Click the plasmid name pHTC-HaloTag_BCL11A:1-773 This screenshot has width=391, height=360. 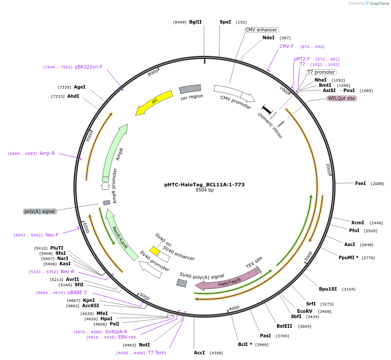coord(204,185)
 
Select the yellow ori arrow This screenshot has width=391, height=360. coord(154,103)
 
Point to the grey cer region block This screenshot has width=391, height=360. coord(190,89)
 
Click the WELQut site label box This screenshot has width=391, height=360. coord(342,99)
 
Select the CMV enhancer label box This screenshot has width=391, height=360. coord(261,30)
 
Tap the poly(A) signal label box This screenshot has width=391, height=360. coord(40,211)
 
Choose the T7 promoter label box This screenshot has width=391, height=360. coord(321,72)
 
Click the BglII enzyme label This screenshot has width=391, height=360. coord(195,22)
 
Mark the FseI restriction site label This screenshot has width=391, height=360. coord(360,184)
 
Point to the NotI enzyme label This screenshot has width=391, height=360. coord(144,345)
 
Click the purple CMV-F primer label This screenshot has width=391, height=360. coord(287,46)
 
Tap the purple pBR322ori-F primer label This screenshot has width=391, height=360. coord(89,67)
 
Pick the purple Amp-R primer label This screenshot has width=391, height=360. coord(47,153)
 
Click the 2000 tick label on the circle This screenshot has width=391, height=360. coord(329,169)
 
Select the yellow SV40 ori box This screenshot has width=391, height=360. coord(154,250)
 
